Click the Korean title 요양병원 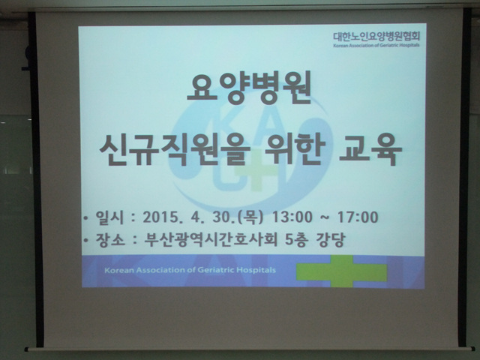pyautogui.click(x=249, y=87)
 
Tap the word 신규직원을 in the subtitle pyautogui.click(x=175, y=150)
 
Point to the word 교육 pyautogui.click(x=370, y=150)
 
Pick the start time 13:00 pyautogui.click(x=292, y=217)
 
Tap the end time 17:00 pyautogui.click(x=358, y=217)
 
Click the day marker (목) pyautogui.click(x=252, y=217)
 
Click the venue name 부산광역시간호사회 pyautogui.click(x=211, y=239)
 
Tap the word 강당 pyautogui.click(x=331, y=239)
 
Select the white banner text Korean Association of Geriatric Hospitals pyautogui.click(x=190, y=270)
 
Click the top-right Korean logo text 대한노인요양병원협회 pyautogui.click(x=376, y=37)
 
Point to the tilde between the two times pyautogui.click(x=325, y=217)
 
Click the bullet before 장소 pyautogui.click(x=86, y=240)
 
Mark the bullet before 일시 pyautogui.click(x=86, y=218)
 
